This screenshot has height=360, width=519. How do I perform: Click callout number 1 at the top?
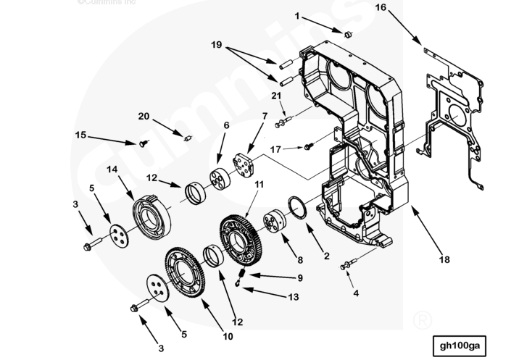[296, 15]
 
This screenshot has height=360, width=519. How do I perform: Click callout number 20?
[144, 116]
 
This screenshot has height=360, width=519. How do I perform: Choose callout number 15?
[80, 134]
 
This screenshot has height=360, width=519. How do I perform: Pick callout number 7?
[265, 116]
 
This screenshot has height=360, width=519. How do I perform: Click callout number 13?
[292, 297]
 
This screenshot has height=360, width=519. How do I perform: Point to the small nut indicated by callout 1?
[347, 34]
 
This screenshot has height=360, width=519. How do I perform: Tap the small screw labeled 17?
[308, 147]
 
